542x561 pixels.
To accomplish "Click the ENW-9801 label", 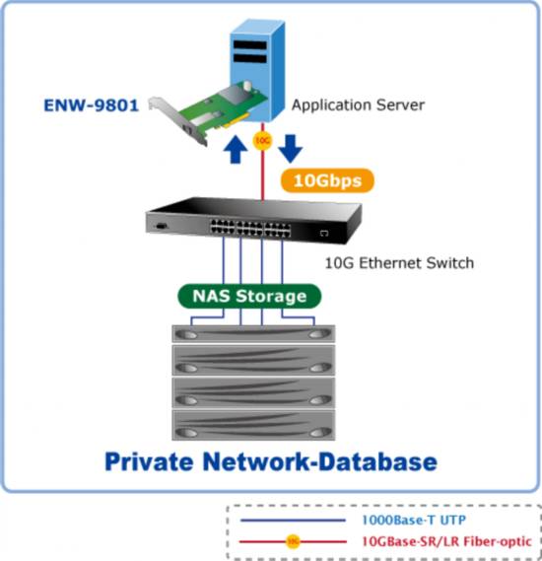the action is coord(92,105).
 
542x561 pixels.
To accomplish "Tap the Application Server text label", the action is coord(358,105).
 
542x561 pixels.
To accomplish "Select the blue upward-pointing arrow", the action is coord(235,149).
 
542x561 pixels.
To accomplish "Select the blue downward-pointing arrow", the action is coord(291,149).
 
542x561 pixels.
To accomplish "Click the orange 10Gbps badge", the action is coord(327,180).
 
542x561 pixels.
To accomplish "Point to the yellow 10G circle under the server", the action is coord(262,141).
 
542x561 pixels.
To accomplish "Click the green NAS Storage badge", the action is coord(249,296).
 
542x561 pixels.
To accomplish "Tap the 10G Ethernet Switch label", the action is coord(399,263).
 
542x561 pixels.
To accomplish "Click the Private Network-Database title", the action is coord(271,461).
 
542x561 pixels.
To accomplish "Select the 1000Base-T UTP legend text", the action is coord(414,520).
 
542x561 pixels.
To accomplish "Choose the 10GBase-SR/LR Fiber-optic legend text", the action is coord(446,541).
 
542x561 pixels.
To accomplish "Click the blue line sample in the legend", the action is coord(293,521).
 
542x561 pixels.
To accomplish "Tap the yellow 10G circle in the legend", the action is coord(293,541).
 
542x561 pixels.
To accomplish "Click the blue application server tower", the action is coord(257,68).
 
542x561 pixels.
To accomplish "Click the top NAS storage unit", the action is coord(253,334).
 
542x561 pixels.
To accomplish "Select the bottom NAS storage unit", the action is coord(253,425).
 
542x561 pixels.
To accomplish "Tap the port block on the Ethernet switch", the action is coord(250,228).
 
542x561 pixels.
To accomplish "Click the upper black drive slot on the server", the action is coord(250,45).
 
